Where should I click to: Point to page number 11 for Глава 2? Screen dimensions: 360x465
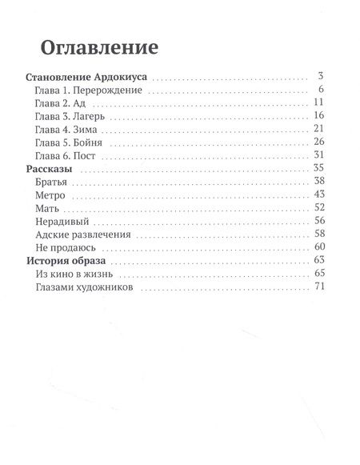[x=318, y=103]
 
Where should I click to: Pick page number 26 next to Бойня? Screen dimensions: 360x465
[x=318, y=142]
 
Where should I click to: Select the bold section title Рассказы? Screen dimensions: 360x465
[x=50, y=169]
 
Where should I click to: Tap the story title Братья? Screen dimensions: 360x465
[x=52, y=182]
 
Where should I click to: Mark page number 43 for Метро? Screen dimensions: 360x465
[x=318, y=195]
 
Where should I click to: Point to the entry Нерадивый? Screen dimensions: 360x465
[x=62, y=222]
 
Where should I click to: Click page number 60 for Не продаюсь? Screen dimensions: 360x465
[x=318, y=247]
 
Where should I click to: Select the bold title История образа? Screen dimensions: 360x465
[x=66, y=261]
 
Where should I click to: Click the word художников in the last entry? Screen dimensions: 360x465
[x=109, y=287]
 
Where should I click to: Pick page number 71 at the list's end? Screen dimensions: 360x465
[x=318, y=287]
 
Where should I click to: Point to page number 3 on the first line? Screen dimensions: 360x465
[x=320, y=77]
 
